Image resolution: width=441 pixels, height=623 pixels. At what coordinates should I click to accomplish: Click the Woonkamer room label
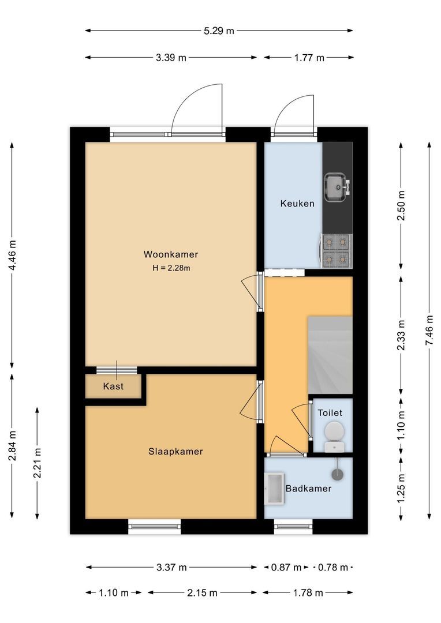click(171, 254)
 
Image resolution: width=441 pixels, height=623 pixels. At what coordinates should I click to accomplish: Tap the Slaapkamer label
click(175, 452)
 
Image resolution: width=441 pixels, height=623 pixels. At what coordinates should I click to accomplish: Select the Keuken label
click(297, 204)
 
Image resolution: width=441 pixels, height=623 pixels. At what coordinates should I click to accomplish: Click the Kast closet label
click(113, 386)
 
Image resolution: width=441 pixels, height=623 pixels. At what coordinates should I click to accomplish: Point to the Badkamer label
click(309, 489)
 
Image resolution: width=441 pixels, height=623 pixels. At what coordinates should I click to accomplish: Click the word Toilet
click(330, 413)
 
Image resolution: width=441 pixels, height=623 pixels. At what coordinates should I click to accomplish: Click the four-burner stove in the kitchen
click(336, 251)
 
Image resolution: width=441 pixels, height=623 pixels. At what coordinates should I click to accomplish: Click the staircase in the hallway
click(330, 355)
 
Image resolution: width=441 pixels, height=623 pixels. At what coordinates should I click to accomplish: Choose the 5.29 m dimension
click(219, 31)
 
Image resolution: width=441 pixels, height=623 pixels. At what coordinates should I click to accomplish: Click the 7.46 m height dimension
click(429, 330)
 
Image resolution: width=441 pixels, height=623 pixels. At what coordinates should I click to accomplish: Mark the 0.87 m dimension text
click(286, 568)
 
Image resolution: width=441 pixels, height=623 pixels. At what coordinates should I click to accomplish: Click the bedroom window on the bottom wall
click(154, 526)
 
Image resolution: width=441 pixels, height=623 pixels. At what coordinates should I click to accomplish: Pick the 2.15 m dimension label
click(203, 592)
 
